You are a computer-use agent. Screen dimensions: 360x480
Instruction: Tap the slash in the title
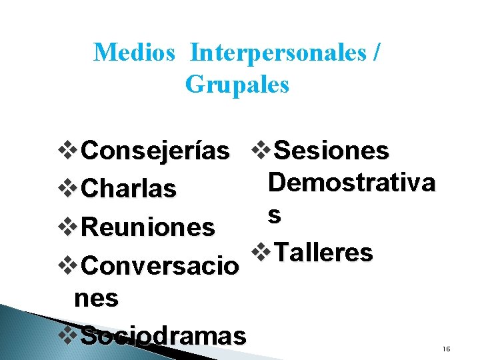point(378,52)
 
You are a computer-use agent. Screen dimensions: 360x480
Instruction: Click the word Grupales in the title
point(237,85)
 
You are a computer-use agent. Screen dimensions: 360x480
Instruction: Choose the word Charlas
point(128,189)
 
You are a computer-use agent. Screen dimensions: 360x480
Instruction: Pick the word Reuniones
point(147,227)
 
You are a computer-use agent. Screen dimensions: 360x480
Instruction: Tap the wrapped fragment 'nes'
point(97,299)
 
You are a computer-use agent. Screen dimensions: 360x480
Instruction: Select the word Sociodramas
point(163,336)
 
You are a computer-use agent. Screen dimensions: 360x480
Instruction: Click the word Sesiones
point(331,151)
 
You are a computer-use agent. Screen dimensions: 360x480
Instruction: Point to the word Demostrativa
point(351,182)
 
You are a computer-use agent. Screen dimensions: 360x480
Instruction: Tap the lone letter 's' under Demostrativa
point(274,215)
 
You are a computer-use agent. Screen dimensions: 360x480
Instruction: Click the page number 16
point(446,349)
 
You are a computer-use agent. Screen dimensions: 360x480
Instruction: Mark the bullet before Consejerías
point(69,151)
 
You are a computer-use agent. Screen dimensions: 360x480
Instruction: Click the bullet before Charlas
point(69,189)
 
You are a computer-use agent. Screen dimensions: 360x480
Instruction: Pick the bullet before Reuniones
point(69,227)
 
